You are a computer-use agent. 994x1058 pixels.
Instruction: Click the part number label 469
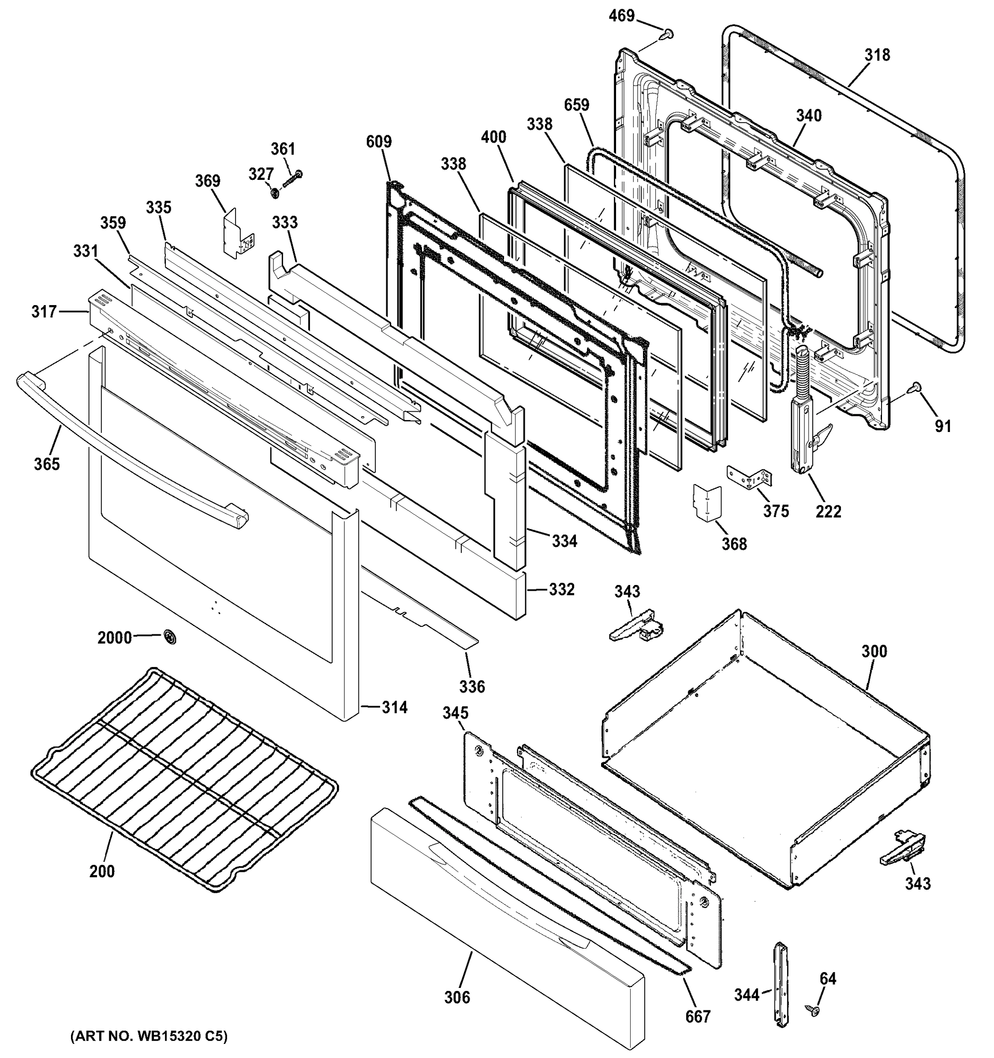[621, 16]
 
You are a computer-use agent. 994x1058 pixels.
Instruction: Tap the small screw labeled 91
[917, 402]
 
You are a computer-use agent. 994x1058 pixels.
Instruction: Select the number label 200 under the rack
[102, 871]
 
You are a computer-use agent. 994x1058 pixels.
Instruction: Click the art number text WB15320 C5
[149, 1036]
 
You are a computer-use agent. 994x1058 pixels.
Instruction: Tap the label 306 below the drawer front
[457, 997]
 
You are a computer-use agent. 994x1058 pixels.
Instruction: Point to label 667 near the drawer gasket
[698, 1017]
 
